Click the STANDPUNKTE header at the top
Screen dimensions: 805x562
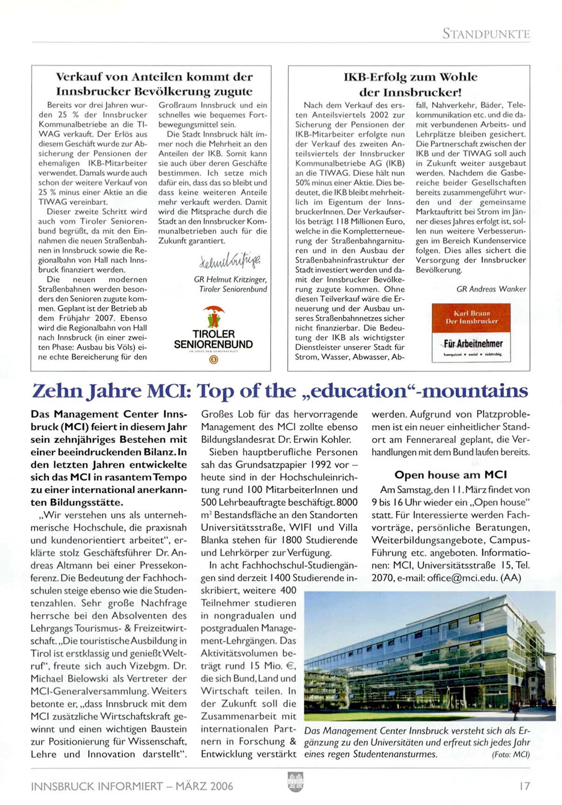[x=486, y=34]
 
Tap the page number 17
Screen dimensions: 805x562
[x=524, y=786]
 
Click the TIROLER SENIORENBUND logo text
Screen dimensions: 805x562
[x=213, y=339]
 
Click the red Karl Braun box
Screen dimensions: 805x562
[x=471, y=317]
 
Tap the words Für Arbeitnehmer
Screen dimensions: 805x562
[x=473, y=344]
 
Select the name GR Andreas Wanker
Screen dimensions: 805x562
[x=491, y=289]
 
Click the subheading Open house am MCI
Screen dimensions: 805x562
[x=451, y=475]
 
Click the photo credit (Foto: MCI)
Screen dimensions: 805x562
[x=511, y=755]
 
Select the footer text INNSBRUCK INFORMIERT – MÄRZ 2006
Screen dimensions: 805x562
[x=132, y=786]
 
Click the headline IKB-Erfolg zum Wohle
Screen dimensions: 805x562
[x=410, y=77]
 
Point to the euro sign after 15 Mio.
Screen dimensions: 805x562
[x=291, y=666]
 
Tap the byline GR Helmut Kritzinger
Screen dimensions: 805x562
[x=230, y=280]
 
